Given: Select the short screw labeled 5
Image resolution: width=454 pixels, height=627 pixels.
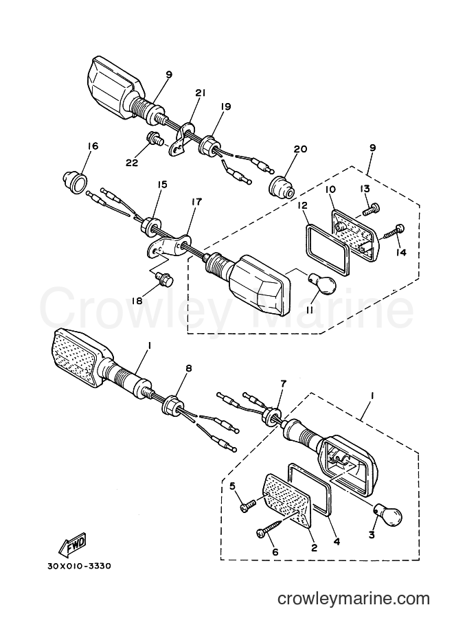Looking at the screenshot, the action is coord(253,502).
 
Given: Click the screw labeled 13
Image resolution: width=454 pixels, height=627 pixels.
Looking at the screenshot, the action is coord(371,209).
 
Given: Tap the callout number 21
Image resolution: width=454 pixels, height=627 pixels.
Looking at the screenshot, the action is coord(200,93).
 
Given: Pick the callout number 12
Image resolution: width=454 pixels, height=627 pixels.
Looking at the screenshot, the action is coord(302,205).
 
